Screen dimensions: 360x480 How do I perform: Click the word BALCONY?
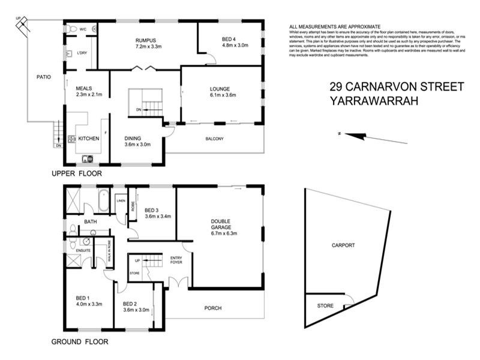(x=214, y=139)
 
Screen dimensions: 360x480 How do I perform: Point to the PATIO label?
(x=43, y=77)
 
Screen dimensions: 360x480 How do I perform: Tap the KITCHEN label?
(x=88, y=139)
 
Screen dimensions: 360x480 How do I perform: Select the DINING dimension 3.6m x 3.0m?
(x=137, y=144)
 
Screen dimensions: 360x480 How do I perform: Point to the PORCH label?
(x=213, y=308)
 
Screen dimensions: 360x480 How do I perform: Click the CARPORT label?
(x=343, y=245)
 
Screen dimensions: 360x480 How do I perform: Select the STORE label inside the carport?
(x=325, y=306)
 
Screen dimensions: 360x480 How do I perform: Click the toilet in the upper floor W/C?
(x=71, y=28)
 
